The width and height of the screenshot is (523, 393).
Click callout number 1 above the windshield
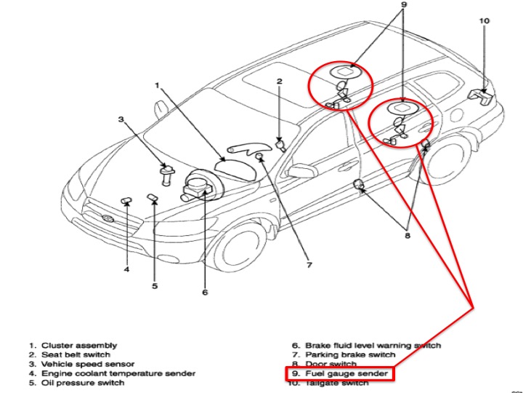click(x=156, y=86)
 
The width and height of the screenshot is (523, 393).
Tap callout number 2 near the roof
click(x=279, y=82)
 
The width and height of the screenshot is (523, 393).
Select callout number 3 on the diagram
click(x=122, y=119)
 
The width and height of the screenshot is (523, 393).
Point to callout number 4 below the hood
click(x=126, y=270)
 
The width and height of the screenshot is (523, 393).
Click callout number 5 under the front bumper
click(x=155, y=286)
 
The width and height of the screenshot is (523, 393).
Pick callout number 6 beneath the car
click(x=205, y=293)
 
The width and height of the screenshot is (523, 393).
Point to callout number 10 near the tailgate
click(x=485, y=21)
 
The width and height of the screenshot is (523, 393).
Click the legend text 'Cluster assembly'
click(x=79, y=345)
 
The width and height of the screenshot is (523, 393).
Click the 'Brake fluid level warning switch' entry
click(x=373, y=345)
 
